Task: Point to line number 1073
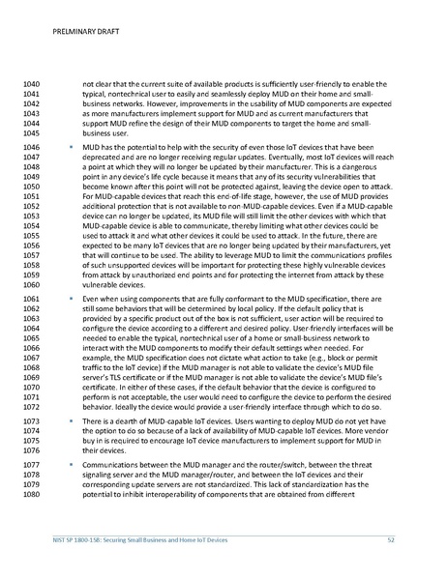point(36,423)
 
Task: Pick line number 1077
point(36,464)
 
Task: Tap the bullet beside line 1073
point(71,423)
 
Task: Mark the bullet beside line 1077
point(71,464)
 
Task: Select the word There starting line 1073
point(95,423)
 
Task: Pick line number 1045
point(36,136)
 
